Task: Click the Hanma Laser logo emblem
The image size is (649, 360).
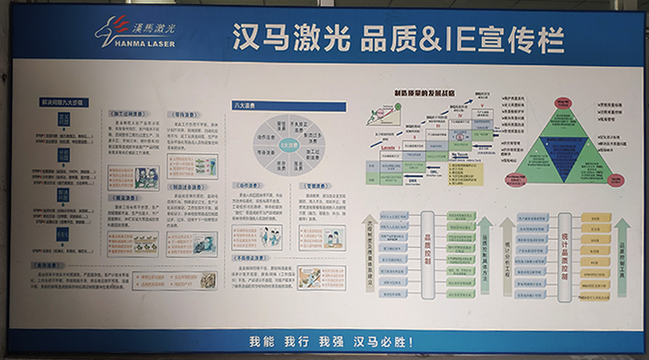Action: click(x=114, y=31)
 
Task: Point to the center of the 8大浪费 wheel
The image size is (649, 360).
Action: click(x=289, y=144)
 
